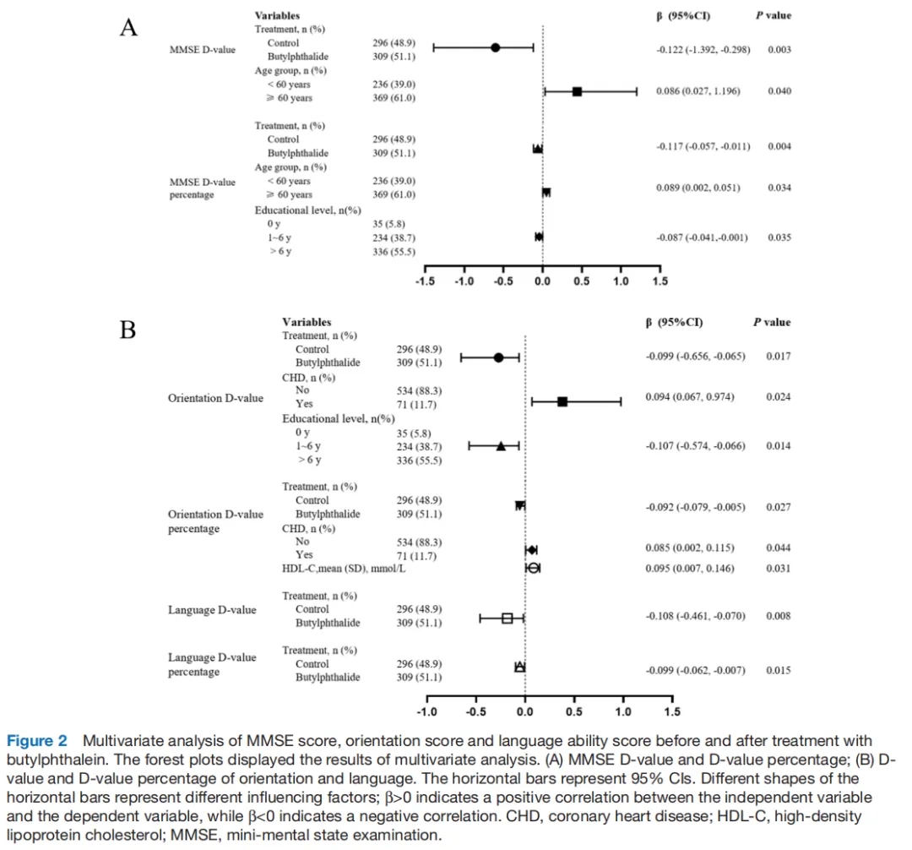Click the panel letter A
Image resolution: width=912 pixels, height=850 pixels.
tap(128, 29)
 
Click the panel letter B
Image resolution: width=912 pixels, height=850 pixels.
tap(128, 329)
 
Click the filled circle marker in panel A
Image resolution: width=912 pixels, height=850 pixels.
tap(496, 47)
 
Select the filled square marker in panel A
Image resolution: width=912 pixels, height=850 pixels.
tap(577, 91)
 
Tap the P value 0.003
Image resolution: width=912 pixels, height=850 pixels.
tap(779, 51)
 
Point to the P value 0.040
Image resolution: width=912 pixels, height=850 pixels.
tap(779, 91)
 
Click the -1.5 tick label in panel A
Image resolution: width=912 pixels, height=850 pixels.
tap(426, 281)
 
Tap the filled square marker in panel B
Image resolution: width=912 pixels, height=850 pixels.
tap(562, 402)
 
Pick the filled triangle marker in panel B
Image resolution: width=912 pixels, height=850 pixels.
tap(501, 446)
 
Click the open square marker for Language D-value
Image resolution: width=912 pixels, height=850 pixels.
tap(508, 618)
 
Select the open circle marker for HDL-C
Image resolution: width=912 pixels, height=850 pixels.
tap(533, 568)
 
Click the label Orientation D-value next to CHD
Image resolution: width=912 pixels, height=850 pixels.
tap(215, 398)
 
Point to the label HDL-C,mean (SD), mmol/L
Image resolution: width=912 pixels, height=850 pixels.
tap(344, 569)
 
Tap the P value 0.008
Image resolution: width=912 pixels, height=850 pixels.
tap(778, 616)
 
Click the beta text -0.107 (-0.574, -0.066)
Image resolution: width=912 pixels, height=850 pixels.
tap(695, 445)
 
